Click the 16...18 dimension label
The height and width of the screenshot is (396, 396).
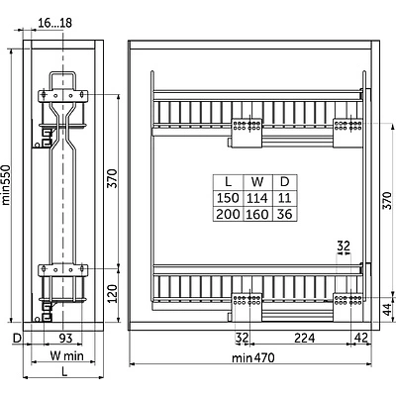[x=54, y=23]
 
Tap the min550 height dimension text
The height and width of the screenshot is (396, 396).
[x=7, y=185]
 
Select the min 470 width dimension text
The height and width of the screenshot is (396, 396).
[x=253, y=357]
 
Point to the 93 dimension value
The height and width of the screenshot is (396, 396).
[x=65, y=338]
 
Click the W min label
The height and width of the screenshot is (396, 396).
[x=67, y=355]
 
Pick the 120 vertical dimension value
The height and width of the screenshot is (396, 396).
[x=113, y=294]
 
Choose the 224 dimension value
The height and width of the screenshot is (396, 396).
[x=305, y=338]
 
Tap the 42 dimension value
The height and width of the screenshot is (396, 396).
[x=360, y=338]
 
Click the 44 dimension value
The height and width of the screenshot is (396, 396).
[x=388, y=309]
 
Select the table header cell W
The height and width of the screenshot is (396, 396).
[x=257, y=182]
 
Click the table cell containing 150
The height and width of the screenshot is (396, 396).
[x=228, y=198]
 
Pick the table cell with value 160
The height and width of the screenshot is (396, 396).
[x=257, y=214]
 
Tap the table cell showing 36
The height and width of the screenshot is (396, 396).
[x=285, y=214]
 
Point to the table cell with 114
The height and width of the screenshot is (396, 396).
[x=257, y=198]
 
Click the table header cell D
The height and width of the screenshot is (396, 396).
[x=285, y=182]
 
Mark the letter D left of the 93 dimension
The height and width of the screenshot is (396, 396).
[x=17, y=339]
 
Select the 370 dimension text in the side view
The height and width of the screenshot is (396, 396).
[x=113, y=178]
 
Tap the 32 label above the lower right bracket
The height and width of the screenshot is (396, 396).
[x=344, y=246]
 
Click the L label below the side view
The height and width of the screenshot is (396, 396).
[x=65, y=372]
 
